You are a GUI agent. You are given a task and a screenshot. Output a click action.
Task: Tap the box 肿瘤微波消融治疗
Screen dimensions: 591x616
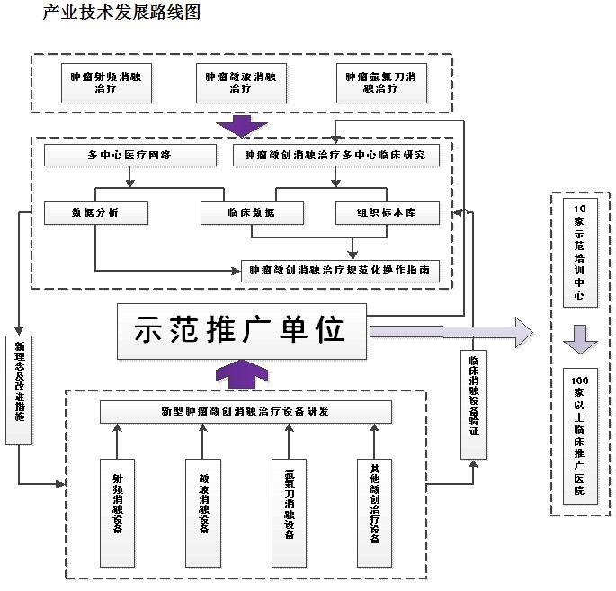[x=240, y=83]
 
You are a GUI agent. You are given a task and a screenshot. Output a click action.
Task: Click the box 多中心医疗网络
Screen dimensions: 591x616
[x=130, y=156]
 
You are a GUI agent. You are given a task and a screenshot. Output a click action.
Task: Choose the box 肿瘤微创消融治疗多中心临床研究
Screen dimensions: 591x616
[x=336, y=156]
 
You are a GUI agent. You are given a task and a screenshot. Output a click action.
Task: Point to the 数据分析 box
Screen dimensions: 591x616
[x=95, y=212]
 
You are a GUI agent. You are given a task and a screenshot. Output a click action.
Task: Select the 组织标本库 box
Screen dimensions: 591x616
[x=387, y=212]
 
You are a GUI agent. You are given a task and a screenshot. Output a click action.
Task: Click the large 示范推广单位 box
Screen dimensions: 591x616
[x=242, y=331]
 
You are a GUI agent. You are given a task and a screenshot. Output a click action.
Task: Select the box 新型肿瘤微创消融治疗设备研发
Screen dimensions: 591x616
[x=246, y=411]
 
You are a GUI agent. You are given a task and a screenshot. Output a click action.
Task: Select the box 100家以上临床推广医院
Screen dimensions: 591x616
[x=578, y=435]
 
